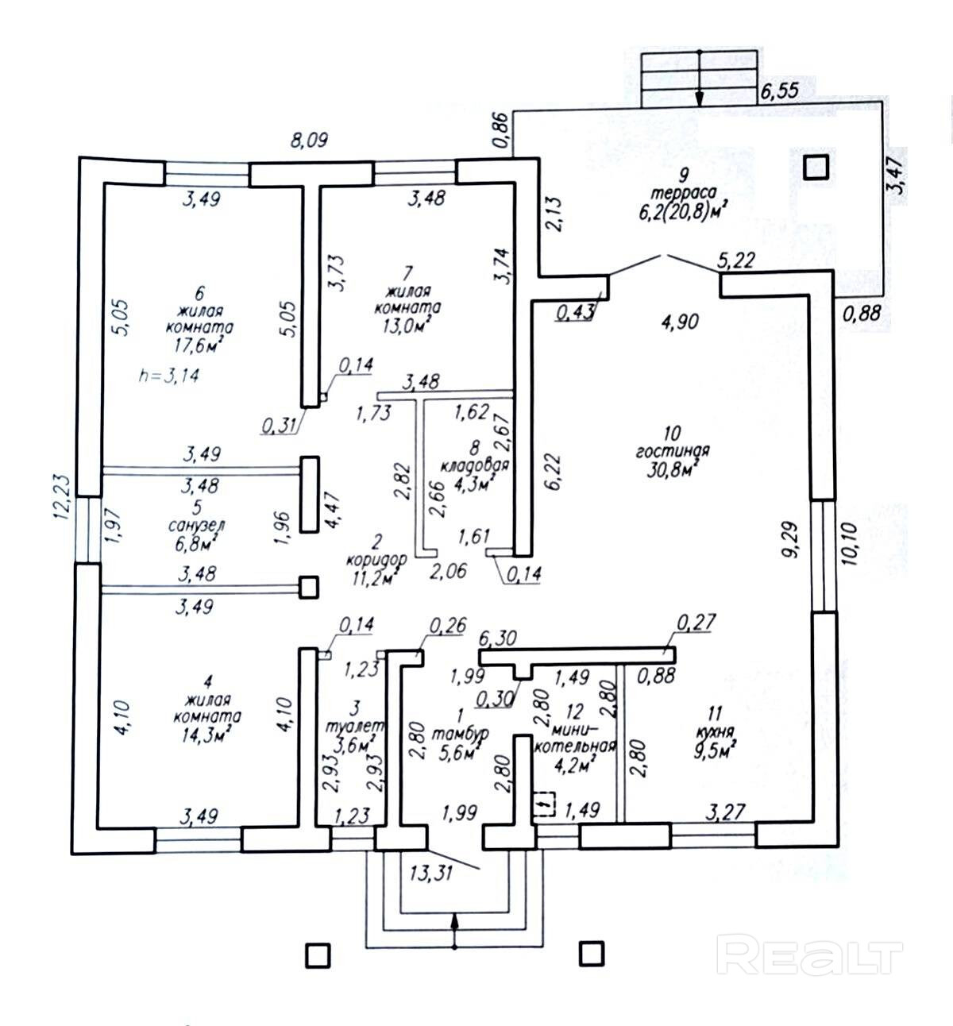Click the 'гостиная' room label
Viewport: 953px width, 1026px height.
pyautogui.click(x=672, y=451)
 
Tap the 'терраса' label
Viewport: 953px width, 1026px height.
pyautogui.click(x=683, y=192)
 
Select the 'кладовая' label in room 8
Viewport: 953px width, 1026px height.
pyautogui.click(x=476, y=465)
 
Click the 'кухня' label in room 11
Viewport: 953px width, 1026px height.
pyautogui.click(x=712, y=732)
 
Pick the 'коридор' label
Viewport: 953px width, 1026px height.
pyautogui.click(x=376, y=559)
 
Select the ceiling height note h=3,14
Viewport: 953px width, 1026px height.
pyautogui.click(x=168, y=376)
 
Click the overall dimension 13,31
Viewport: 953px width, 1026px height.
pyautogui.click(x=431, y=874)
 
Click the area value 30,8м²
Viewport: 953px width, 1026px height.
pyautogui.click(x=670, y=469)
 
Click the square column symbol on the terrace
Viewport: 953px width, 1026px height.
pyautogui.click(x=816, y=168)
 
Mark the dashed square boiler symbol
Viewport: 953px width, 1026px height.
pyautogui.click(x=544, y=804)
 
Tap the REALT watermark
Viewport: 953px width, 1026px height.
pyautogui.click(x=809, y=954)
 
